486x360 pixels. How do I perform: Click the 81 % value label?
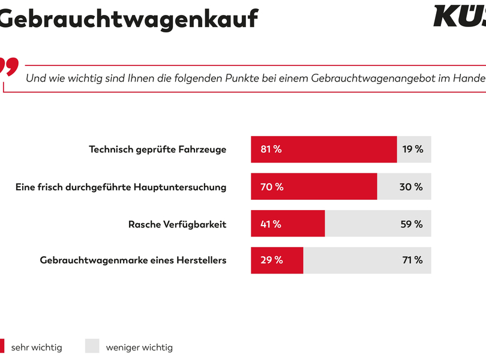[271, 149]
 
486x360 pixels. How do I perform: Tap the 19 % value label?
[412, 149]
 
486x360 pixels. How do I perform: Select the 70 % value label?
[271, 187]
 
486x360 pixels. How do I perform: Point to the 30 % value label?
[411, 187]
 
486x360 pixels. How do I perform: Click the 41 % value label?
[270, 224]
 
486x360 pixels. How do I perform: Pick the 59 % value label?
[411, 224]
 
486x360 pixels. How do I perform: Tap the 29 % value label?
[271, 260]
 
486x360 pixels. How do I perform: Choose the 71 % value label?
[412, 260]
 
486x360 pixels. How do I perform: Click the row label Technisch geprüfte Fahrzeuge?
[157, 149]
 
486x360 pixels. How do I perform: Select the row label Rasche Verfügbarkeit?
[177, 224]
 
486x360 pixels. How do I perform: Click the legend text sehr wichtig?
[37, 347]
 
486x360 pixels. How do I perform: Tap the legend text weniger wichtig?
[139, 347]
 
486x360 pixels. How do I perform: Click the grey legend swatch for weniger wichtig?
[92, 346]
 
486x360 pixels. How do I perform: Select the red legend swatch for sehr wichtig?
[2, 346]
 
